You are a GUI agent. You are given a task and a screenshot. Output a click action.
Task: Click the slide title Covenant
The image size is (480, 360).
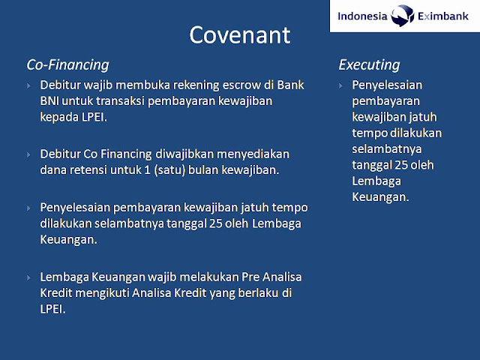point(240,35)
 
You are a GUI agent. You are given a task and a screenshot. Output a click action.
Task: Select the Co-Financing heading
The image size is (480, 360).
point(67,65)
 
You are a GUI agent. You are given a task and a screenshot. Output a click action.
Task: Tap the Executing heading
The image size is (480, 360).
point(369,65)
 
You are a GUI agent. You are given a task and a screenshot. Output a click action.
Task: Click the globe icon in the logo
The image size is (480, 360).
point(402,16)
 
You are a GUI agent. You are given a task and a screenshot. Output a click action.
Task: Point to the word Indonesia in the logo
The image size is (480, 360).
point(362,16)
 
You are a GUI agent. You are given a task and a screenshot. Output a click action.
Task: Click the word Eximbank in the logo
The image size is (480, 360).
point(443,16)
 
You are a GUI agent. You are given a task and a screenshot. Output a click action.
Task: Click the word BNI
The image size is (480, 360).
point(49,101)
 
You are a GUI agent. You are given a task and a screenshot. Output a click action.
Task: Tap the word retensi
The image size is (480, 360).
point(88,170)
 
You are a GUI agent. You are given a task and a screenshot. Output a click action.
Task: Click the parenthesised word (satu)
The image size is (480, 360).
point(169,170)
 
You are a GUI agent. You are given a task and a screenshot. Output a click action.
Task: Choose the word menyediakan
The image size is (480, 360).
point(253,154)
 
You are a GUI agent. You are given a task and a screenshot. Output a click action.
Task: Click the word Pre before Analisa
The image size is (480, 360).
point(250,277)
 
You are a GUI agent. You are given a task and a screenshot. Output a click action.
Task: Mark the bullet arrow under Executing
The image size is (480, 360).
point(341,85)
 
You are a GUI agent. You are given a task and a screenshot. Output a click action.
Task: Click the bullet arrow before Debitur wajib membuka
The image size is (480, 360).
point(29,85)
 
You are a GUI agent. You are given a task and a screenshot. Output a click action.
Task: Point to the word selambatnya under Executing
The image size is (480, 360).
point(387,149)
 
